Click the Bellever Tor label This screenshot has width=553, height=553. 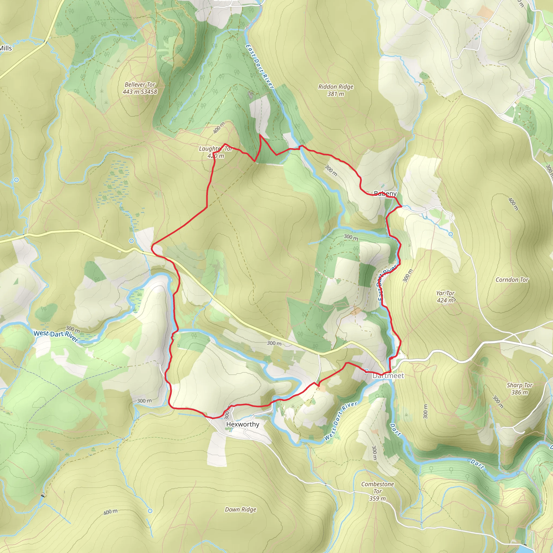tap(140, 85)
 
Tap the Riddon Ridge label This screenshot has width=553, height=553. tap(336, 87)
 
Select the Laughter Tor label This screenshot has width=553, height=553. tap(215, 149)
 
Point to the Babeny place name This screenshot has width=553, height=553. tap(385, 194)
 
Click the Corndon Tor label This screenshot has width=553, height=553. tap(512, 280)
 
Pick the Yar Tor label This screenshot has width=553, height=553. tap(445, 293)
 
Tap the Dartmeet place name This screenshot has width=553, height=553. tap(388, 376)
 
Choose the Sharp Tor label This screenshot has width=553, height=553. tap(520, 385)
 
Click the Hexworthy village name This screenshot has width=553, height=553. tap(243, 424)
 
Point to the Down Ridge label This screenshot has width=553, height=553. tap(240, 510)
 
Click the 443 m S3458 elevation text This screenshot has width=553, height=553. tap(140, 92)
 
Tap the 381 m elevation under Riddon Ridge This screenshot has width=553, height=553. tap(336, 94)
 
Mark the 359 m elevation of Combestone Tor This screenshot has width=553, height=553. tap(377, 499)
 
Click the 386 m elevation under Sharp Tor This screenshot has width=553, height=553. tap(520, 392)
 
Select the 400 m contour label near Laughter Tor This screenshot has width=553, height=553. tap(219, 128)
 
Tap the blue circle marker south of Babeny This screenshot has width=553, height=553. tap(451, 234)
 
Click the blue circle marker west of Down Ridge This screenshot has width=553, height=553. tap(150, 511)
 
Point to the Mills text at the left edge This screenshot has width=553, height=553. tap(6, 48)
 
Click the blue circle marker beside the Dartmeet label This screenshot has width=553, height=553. tap(366, 371)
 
